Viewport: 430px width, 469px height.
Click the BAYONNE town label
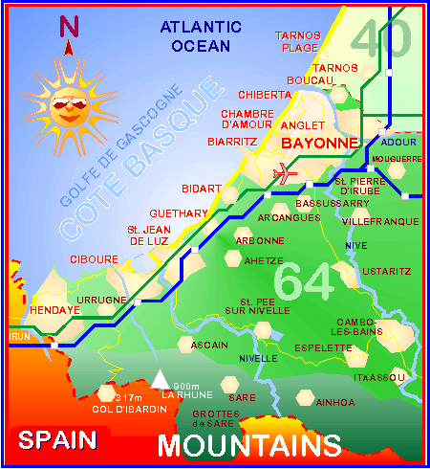(319, 143)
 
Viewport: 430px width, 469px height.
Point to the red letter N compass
(69, 28)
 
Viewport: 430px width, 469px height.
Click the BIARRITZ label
(232, 141)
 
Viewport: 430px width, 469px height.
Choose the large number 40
(380, 38)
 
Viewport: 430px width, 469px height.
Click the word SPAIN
(58, 440)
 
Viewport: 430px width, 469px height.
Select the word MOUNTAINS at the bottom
(249, 445)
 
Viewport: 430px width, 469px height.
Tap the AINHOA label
(334, 403)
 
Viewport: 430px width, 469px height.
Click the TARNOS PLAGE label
(298, 41)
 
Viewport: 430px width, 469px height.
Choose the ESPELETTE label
(317, 348)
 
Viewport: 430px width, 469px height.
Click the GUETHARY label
(173, 212)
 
